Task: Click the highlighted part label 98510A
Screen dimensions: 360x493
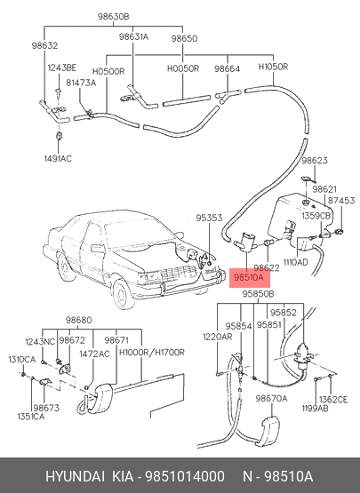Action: [x=250, y=278]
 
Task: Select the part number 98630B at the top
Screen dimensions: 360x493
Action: [x=113, y=16]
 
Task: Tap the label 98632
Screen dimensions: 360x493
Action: [x=44, y=45]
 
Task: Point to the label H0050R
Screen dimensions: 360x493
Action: [x=183, y=68]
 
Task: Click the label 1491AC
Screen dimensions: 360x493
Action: [x=58, y=158]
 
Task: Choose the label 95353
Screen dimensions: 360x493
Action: [x=209, y=218]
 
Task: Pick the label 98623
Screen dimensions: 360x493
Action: [x=315, y=161]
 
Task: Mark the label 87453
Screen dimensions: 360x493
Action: [x=341, y=200]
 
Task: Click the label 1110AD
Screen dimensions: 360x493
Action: [x=296, y=262]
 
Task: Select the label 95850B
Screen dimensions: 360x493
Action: [x=258, y=294]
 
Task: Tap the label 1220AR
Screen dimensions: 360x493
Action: [x=218, y=337]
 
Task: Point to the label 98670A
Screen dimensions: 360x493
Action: [x=271, y=398]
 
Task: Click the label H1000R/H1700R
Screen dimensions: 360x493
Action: [x=152, y=352]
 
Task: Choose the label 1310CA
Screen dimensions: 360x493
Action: [x=22, y=359]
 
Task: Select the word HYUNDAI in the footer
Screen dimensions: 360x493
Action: [x=75, y=476]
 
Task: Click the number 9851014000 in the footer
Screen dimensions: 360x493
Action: [x=185, y=476]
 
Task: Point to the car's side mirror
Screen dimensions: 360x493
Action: [x=98, y=248]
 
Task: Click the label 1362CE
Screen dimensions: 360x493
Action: [x=333, y=400]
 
